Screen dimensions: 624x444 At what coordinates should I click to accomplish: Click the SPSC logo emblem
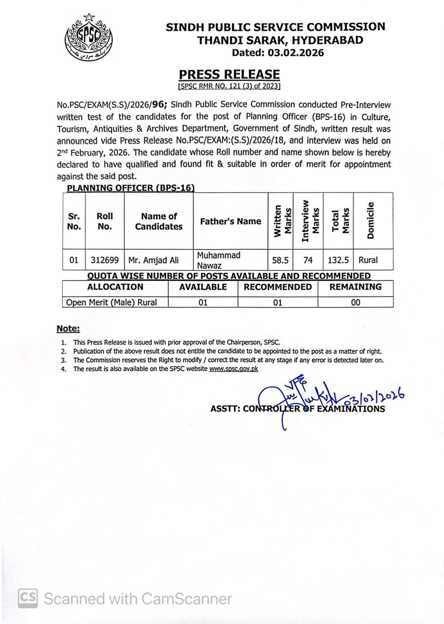[x=88, y=38]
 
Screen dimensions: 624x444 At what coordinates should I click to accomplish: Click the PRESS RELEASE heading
[x=229, y=75]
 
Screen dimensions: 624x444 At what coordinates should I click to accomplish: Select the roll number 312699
[x=105, y=260]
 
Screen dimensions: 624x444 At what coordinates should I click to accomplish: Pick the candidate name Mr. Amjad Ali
[x=154, y=260]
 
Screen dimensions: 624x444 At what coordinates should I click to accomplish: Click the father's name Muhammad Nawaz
[x=219, y=260]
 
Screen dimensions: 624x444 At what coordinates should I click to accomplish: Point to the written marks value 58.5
[x=280, y=260]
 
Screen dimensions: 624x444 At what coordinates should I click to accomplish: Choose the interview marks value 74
[x=308, y=260]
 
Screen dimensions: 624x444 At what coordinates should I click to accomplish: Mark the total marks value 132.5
[x=338, y=260]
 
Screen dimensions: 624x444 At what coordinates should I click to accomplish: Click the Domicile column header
[x=371, y=220]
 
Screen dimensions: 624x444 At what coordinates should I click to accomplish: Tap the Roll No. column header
[x=105, y=221]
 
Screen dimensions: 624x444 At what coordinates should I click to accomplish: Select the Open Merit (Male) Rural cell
[x=112, y=302]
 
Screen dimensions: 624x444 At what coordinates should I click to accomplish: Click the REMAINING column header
[x=355, y=287]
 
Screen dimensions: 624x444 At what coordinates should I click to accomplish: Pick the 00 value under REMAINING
[x=356, y=302]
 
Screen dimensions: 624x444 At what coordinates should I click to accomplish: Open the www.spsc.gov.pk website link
[x=233, y=369]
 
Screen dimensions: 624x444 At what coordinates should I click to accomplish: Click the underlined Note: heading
[x=68, y=329]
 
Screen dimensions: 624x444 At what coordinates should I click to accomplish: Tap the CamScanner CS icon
[x=28, y=598]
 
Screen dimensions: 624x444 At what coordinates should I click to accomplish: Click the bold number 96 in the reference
[x=158, y=104]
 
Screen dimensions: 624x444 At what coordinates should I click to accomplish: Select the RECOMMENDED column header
[x=278, y=287]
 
